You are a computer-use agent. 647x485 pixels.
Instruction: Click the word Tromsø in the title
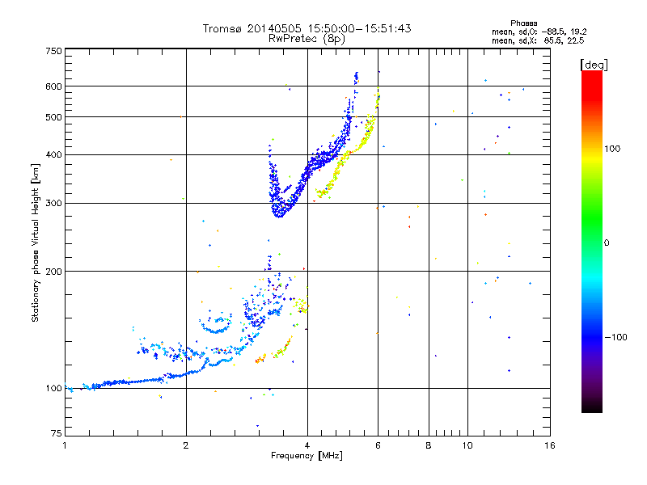pyautogui.click(x=221, y=28)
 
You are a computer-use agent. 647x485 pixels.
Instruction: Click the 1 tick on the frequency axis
pyautogui.click(x=65, y=445)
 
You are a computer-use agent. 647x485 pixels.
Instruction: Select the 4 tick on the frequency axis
pyautogui.click(x=307, y=445)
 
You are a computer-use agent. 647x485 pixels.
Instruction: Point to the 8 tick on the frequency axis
pyautogui.click(x=429, y=445)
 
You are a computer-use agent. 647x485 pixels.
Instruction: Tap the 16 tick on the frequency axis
pyautogui.click(x=549, y=445)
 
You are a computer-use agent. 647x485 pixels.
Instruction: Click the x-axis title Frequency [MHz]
pyautogui.click(x=307, y=456)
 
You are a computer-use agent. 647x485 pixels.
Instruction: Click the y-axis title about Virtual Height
pyautogui.click(x=36, y=242)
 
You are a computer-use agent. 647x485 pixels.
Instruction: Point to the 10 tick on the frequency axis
pyautogui.click(x=467, y=445)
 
